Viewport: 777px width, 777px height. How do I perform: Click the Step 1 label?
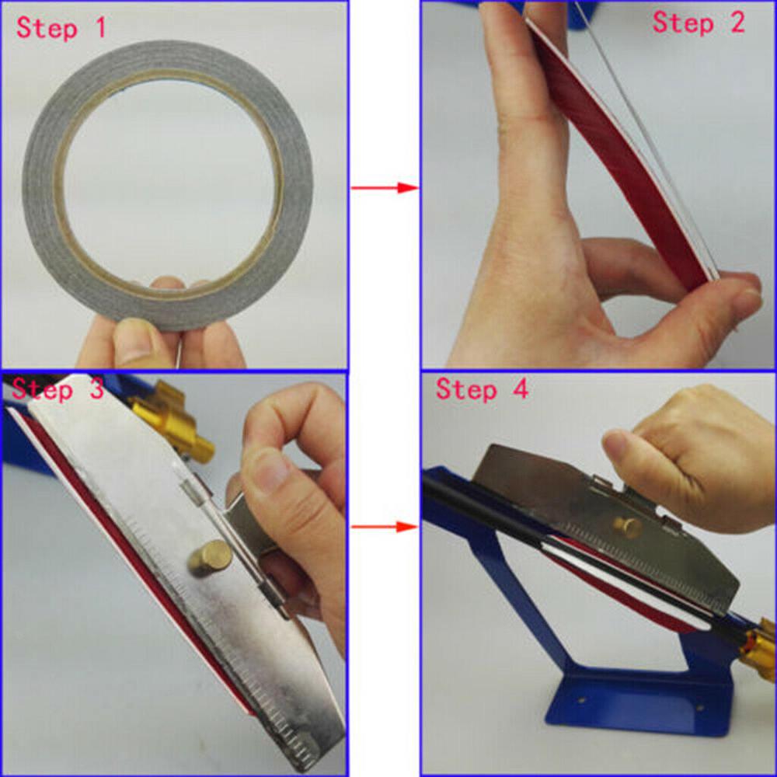pyautogui.click(x=61, y=28)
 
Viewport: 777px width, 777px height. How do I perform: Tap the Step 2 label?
pyautogui.click(x=698, y=23)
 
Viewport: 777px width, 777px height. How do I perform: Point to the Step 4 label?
pyautogui.click(x=482, y=388)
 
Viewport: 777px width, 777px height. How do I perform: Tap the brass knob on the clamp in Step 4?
pyautogui.click(x=628, y=526)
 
